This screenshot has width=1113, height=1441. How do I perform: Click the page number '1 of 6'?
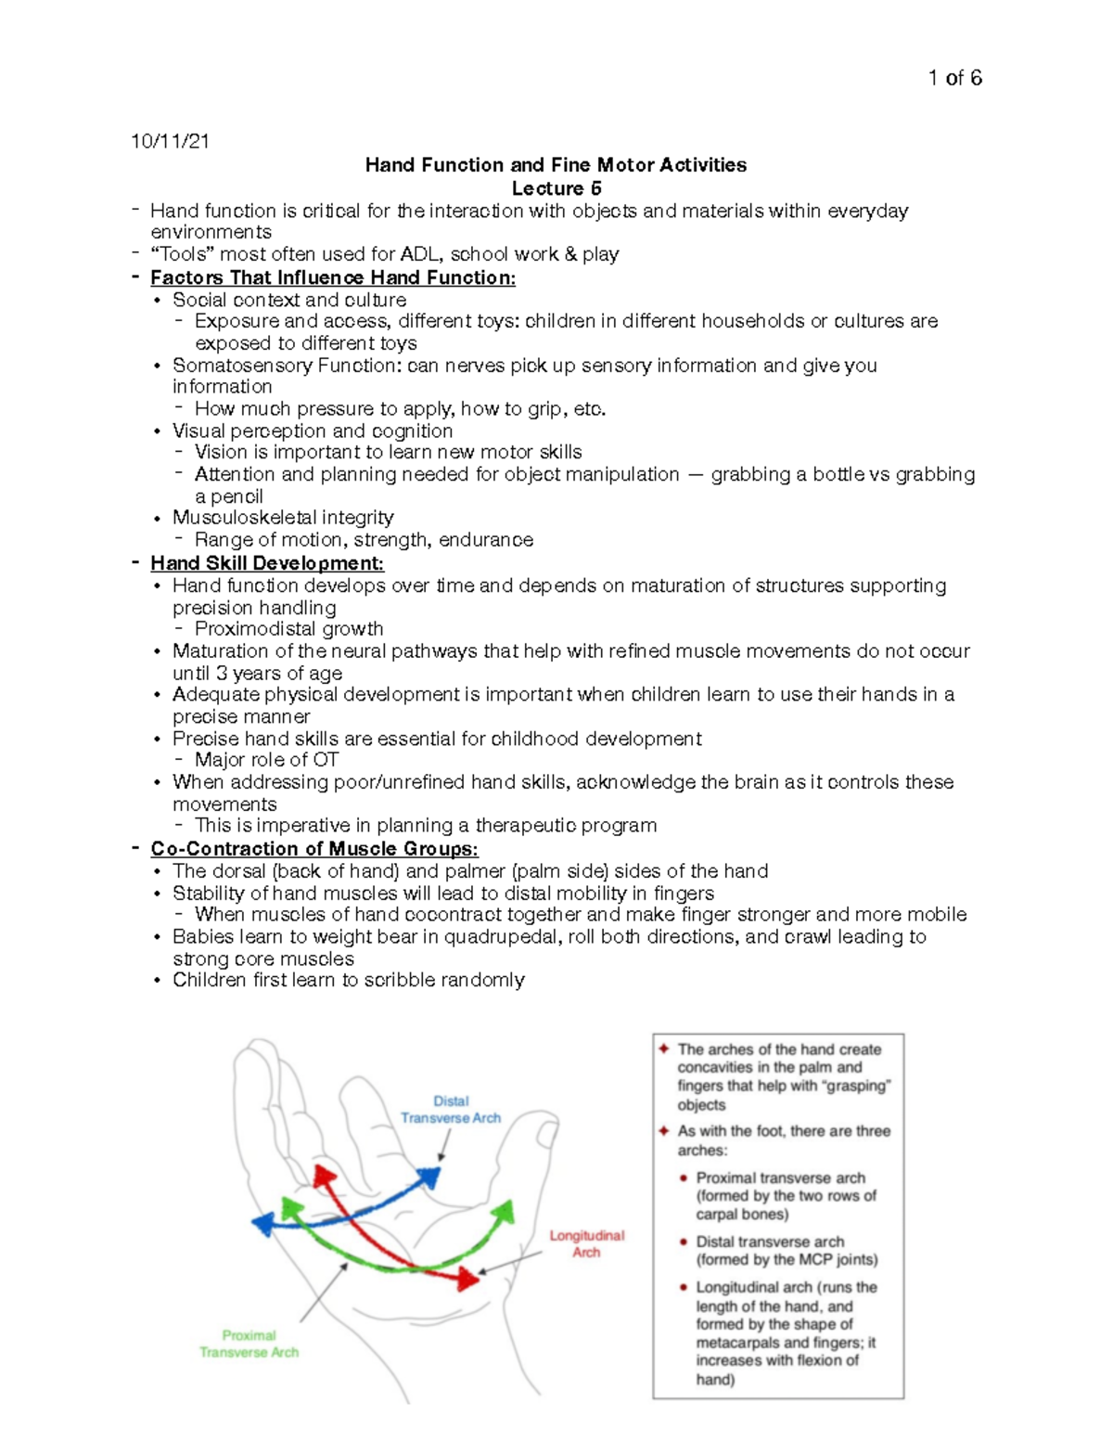point(954,79)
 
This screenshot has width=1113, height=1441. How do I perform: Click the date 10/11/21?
point(170,142)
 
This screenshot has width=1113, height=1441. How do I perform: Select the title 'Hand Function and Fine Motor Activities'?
point(556,165)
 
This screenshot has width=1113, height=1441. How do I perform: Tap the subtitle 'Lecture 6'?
point(556,188)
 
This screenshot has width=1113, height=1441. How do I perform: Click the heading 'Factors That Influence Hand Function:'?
point(333,277)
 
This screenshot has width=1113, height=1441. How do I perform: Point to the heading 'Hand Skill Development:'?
point(267,563)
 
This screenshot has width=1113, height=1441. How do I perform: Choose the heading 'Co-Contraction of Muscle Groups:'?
point(314,849)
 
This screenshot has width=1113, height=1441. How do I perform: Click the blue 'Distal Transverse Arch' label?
point(451,1110)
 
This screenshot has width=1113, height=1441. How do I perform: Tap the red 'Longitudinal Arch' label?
point(586,1244)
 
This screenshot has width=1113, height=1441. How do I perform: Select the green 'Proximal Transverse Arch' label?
point(249,1344)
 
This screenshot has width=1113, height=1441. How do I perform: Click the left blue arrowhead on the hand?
point(262,1224)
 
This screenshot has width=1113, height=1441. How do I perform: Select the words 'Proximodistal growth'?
point(288,629)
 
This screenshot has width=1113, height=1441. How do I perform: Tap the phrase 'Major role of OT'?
point(266,760)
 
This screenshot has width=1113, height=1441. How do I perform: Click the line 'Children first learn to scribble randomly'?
point(349,981)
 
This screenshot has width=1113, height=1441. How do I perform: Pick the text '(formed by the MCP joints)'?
point(787,1259)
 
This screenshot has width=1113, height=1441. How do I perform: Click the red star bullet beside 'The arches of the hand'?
point(664,1049)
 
